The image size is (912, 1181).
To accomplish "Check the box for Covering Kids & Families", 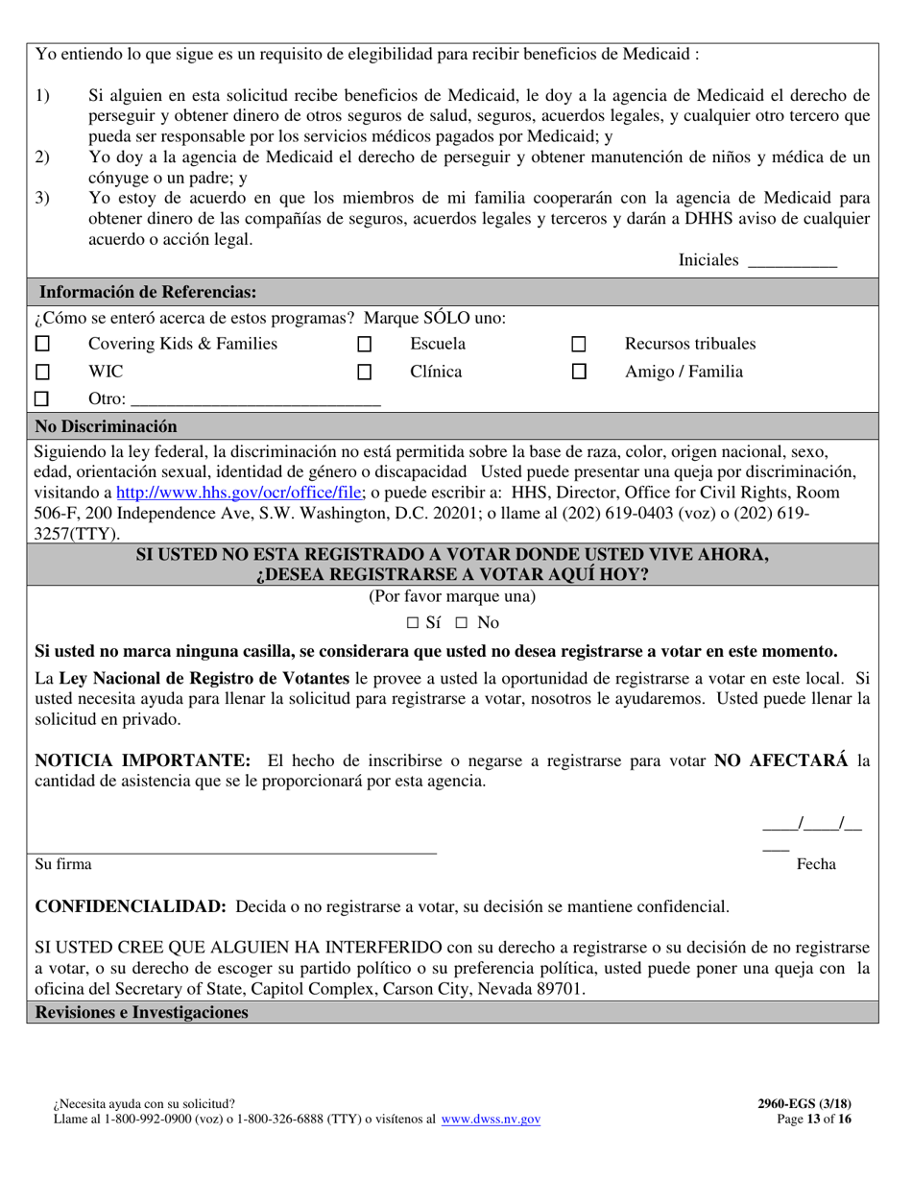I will (42, 344).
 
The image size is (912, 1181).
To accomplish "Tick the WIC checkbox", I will (42, 372).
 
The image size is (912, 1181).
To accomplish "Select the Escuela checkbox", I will (364, 344).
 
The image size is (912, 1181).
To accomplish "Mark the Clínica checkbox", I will (364, 373).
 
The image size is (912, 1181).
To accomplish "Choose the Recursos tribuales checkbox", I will (579, 344).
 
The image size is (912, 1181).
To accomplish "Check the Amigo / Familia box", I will (579, 373).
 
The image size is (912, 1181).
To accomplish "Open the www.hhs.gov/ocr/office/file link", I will (240, 492).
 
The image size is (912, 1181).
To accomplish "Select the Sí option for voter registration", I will (413, 622).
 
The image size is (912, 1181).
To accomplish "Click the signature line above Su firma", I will (235, 849).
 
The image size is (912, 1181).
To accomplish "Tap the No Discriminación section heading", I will (106, 426).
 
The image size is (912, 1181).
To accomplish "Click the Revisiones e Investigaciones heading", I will (141, 1013).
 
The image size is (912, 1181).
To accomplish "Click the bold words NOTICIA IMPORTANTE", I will (142, 760).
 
